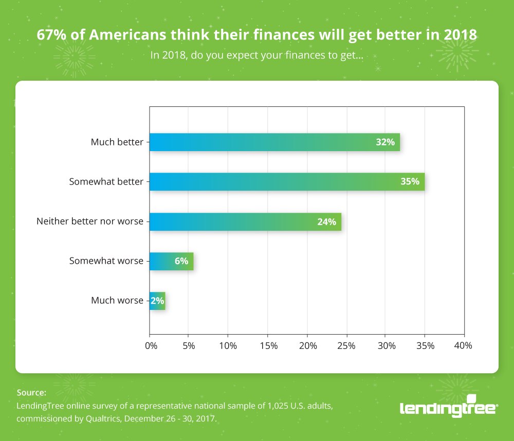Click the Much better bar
point(274,142)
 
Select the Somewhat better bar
point(287,182)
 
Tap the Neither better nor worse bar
point(245,222)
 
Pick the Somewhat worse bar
point(171,261)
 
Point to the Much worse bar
point(157,301)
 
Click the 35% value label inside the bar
point(410,182)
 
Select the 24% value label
point(326,222)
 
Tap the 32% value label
point(385,142)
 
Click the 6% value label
point(181,261)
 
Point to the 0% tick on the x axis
point(151,346)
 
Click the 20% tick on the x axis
point(307,346)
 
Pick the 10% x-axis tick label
point(229,346)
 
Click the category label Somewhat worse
point(106,261)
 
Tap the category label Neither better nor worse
point(90,222)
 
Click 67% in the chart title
point(49,35)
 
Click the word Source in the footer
point(31,392)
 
